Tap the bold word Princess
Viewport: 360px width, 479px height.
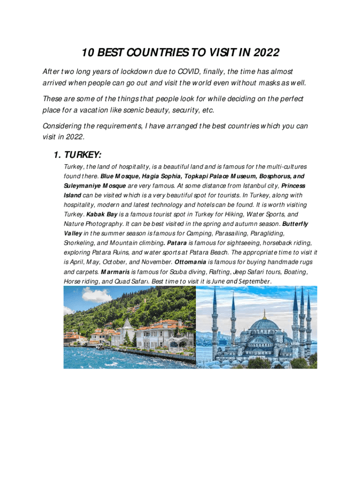[x=293, y=186]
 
